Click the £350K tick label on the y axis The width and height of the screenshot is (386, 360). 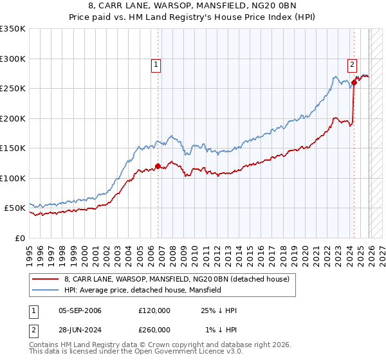tap(13, 29)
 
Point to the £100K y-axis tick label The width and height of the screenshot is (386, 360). tap(13, 178)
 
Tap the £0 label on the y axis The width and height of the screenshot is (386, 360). tap(20, 238)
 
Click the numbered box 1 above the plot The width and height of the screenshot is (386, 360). tap(157, 64)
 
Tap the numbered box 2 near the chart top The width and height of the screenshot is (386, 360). tap(353, 64)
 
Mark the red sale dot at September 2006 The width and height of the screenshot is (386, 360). tap(158, 166)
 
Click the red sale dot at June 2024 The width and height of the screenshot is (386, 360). tap(354, 82)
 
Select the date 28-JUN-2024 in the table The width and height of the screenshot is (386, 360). tap(80, 329)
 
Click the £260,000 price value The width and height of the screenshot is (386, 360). tap(154, 329)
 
